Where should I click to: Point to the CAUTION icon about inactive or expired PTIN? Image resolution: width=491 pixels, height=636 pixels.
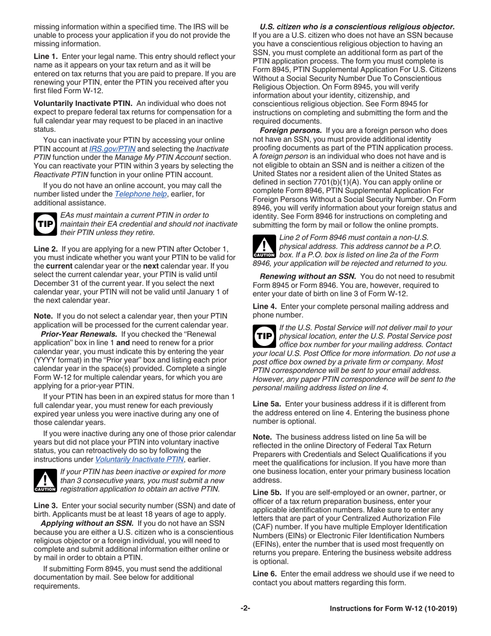coord(43,480)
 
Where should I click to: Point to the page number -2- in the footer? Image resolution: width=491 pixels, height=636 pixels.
coord(245,609)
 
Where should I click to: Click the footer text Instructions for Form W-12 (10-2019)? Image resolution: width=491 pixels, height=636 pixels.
coord(393,609)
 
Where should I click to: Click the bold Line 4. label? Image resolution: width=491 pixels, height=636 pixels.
coord(265,306)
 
